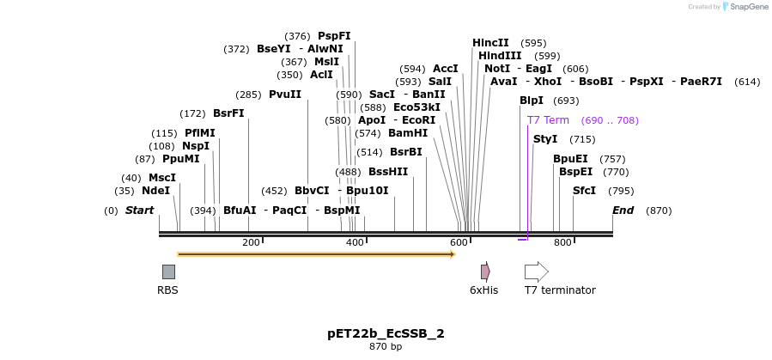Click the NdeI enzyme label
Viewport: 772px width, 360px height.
[155, 191]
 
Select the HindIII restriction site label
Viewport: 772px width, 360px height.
[500, 56]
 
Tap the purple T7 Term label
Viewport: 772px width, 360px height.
[548, 120]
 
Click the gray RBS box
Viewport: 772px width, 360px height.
[168, 272]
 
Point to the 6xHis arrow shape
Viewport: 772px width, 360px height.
[485, 272]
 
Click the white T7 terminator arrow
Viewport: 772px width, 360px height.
[536, 272]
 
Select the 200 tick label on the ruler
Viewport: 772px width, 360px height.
[251, 243]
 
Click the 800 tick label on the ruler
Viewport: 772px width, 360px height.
[562, 243]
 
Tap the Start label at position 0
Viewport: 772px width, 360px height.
[139, 211]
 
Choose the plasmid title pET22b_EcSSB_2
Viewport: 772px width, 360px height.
[386, 333]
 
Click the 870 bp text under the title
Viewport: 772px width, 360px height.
[386, 347]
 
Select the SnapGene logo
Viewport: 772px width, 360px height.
[745, 7]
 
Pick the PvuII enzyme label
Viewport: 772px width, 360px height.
[285, 95]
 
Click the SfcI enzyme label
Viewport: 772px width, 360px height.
[584, 191]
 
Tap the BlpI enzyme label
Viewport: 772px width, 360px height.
[532, 101]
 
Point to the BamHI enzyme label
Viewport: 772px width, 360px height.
[408, 133]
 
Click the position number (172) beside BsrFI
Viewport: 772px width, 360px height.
[192, 113]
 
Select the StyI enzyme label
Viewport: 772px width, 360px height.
[545, 139]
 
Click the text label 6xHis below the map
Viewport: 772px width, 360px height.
[483, 290]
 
